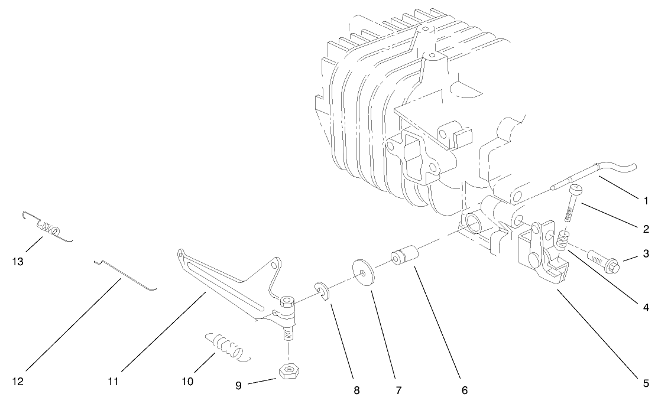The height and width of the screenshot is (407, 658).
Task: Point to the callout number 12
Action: coord(18,382)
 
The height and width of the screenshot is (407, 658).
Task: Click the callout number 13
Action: coord(18,262)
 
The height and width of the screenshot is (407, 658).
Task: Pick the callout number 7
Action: coord(398,390)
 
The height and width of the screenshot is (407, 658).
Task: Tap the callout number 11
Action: coord(114,382)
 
